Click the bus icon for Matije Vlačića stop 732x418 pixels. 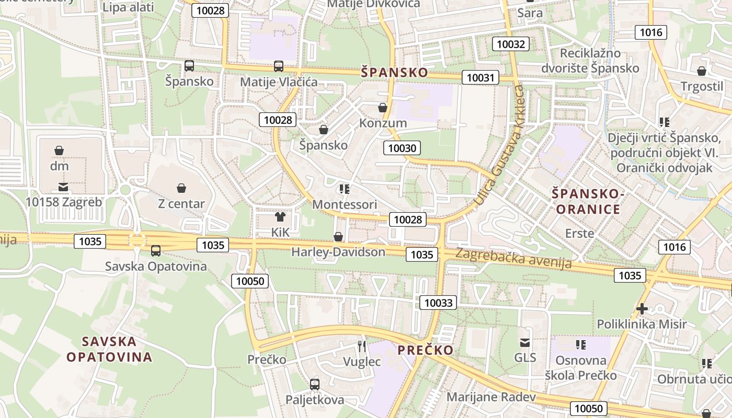coord(279,66)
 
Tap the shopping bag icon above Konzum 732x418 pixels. coord(383,108)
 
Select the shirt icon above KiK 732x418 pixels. coord(280,216)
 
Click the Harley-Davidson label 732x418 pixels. coord(338,252)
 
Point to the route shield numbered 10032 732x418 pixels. coord(511,44)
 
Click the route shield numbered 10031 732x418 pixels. coord(480,78)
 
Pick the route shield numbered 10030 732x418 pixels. coord(402,148)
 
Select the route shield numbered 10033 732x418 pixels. coord(438,303)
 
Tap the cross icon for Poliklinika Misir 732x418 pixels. coord(642,309)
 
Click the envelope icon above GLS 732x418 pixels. coord(525,343)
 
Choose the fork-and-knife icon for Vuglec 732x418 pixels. coord(362,346)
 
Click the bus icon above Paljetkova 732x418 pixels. coord(315,385)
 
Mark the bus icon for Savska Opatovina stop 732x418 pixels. coord(156,251)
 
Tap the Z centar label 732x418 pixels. coord(181,203)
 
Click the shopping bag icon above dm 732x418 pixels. coord(59,151)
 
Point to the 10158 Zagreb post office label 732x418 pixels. coord(64,202)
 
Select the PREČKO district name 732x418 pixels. coord(425,350)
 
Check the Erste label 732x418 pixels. coord(579,233)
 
